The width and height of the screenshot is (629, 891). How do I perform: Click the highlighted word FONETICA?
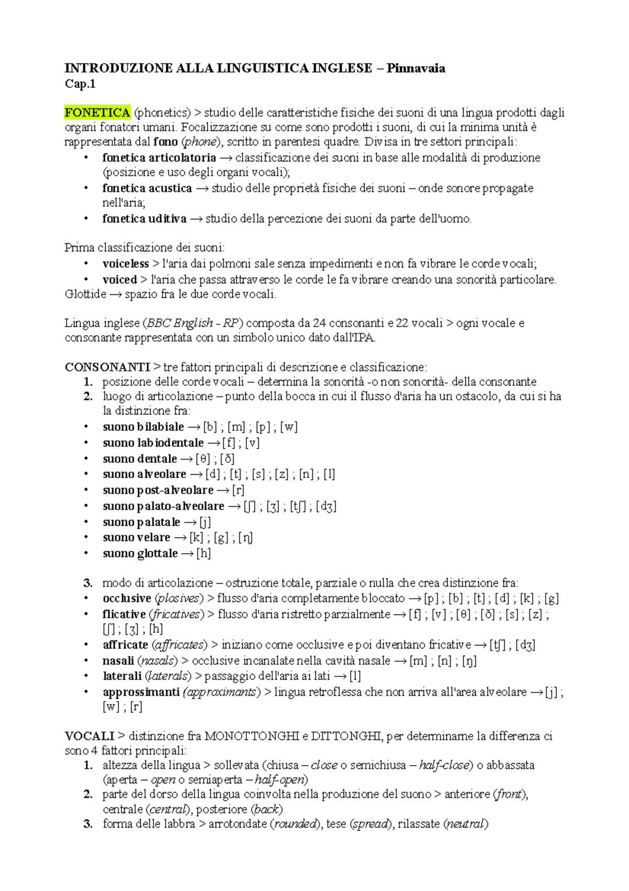tap(97, 112)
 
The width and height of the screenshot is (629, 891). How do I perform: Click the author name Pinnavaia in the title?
tap(416, 68)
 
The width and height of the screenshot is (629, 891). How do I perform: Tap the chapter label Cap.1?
tap(80, 83)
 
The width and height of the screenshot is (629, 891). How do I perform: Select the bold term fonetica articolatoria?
tap(159, 157)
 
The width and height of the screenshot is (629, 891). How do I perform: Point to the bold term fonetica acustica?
tap(147, 188)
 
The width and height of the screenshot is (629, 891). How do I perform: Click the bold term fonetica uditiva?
tap(145, 218)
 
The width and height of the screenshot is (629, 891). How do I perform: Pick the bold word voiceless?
tap(126, 263)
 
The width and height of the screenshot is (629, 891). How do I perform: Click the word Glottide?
tap(85, 294)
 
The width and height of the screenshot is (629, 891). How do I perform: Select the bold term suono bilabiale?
tap(143, 427)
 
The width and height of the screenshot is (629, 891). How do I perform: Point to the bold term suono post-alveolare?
tap(158, 490)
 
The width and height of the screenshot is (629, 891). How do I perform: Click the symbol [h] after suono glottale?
tap(203, 553)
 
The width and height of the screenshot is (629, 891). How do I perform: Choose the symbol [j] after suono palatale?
tap(204, 522)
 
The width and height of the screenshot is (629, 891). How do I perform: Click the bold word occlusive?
tap(127, 598)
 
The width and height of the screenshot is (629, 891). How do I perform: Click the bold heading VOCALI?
tap(90, 736)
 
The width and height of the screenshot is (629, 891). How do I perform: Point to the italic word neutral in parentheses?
tap(465, 823)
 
